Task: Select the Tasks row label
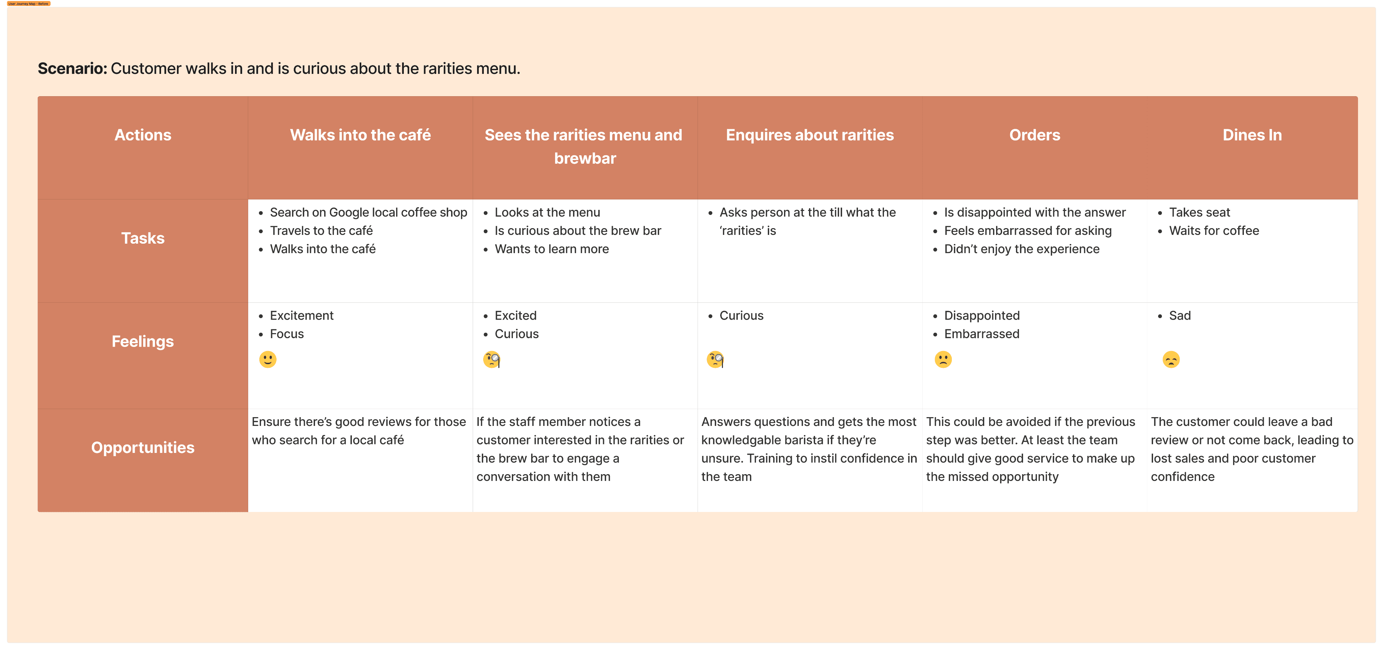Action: (x=143, y=238)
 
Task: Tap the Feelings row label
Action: (x=143, y=342)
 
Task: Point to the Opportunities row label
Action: (x=143, y=448)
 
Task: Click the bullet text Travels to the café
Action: (x=321, y=231)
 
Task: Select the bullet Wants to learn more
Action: (x=551, y=249)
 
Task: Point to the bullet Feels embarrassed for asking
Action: (x=1027, y=231)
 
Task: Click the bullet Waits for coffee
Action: (x=1214, y=231)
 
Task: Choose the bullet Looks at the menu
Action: (x=547, y=213)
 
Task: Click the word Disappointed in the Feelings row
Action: (x=982, y=316)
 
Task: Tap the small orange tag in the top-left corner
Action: (x=28, y=4)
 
